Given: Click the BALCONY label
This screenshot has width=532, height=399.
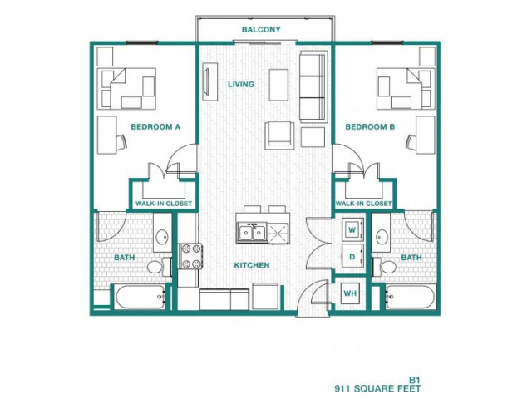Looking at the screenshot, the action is pyautogui.click(x=261, y=30).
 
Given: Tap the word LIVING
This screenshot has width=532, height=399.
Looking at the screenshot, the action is pyautogui.click(x=241, y=84).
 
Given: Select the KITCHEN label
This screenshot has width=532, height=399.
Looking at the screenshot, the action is pyautogui.click(x=252, y=265).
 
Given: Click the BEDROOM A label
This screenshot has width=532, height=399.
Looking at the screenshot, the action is pyautogui.click(x=155, y=127).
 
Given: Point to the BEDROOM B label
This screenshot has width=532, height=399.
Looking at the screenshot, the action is pyautogui.click(x=370, y=127).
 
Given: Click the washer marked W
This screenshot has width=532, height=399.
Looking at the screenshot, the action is pyautogui.click(x=352, y=229).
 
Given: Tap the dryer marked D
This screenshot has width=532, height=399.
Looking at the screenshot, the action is pyautogui.click(x=352, y=257).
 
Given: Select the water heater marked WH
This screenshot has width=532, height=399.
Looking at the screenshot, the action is pyautogui.click(x=350, y=293).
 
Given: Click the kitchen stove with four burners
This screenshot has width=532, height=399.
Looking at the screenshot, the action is pyautogui.click(x=190, y=256).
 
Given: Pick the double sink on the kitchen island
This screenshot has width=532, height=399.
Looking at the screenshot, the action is pyautogui.click(x=252, y=233).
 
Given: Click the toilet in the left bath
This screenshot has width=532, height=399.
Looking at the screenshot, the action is pyautogui.click(x=159, y=266).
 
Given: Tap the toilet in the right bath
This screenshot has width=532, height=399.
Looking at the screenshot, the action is pyautogui.click(x=384, y=266).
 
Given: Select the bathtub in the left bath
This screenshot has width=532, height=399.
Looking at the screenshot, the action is pyautogui.click(x=140, y=297).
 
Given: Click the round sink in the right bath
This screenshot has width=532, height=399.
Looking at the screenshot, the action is pyautogui.click(x=382, y=235).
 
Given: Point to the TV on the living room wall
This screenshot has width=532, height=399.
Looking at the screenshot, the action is pyautogui.click(x=206, y=81).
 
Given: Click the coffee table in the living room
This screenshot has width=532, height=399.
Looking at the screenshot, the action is pyautogui.click(x=278, y=85).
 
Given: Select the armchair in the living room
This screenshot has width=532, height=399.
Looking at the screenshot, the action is pyautogui.click(x=279, y=135).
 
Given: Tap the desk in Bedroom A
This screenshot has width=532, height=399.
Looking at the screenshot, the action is pyautogui.click(x=107, y=135).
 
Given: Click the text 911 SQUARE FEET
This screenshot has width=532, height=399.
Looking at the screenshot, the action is pyautogui.click(x=377, y=388).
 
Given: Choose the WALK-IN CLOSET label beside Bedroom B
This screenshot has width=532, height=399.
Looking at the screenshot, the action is pyautogui.click(x=364, y=204).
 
